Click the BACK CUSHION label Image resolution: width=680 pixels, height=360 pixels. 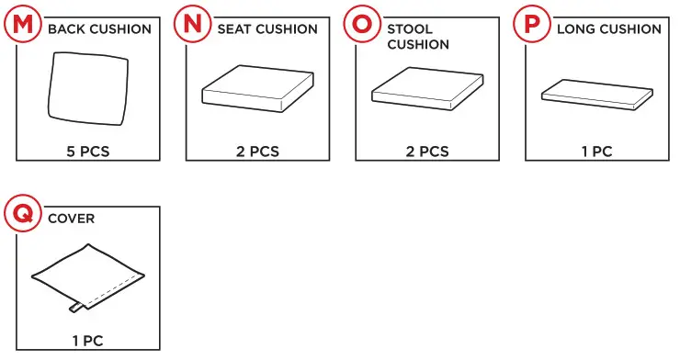pos(99,29)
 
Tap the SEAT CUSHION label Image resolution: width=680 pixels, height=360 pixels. pos(267,29)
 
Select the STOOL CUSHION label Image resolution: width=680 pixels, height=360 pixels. pos(418,37)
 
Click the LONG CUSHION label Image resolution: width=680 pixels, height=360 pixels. pos(609,29)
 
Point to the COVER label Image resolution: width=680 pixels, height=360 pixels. pos(71,219)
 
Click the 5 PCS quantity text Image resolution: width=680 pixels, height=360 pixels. pos(88,152)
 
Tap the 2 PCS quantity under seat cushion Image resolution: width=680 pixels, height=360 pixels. pos(257,152)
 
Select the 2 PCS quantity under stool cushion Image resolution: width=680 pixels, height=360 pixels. pos(427,152)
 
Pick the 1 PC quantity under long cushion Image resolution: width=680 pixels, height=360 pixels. pos(596,152)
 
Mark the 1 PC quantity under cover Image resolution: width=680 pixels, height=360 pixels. pos(88,341)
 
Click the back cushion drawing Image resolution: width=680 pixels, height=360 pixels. pos(88,90)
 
